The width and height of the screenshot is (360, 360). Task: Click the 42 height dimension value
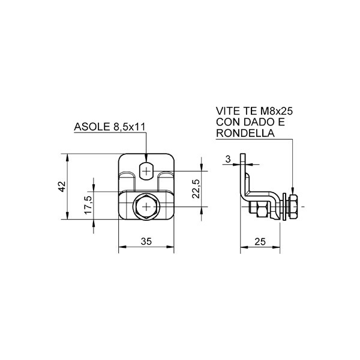[x=62, y=187]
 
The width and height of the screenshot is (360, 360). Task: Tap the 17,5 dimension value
[x=88, y=205]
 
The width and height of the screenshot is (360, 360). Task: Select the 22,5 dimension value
[x=196, y=189]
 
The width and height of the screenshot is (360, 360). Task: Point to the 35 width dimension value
[x=146, y=241]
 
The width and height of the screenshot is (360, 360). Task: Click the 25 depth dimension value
[x=260, y=242]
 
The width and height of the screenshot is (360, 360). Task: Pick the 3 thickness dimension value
[x=228, y=159]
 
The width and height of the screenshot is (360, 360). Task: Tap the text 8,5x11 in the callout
[x=129, y=127]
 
